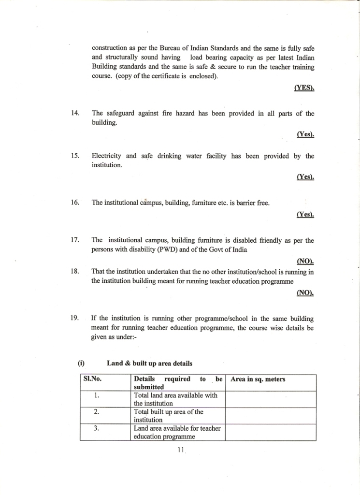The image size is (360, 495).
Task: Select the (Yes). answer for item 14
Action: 305,135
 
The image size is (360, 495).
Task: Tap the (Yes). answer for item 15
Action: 305,177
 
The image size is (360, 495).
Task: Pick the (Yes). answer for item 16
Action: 305,215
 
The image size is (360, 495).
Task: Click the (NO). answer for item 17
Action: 305,262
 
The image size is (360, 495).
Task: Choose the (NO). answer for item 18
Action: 305,292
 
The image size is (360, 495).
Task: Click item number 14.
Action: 75,114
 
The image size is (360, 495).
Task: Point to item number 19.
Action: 75,319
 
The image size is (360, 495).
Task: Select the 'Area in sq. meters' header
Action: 258,379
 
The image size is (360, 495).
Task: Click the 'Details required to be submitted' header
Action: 177,383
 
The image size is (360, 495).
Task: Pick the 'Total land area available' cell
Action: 176,399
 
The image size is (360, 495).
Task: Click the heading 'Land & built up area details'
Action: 149,364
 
